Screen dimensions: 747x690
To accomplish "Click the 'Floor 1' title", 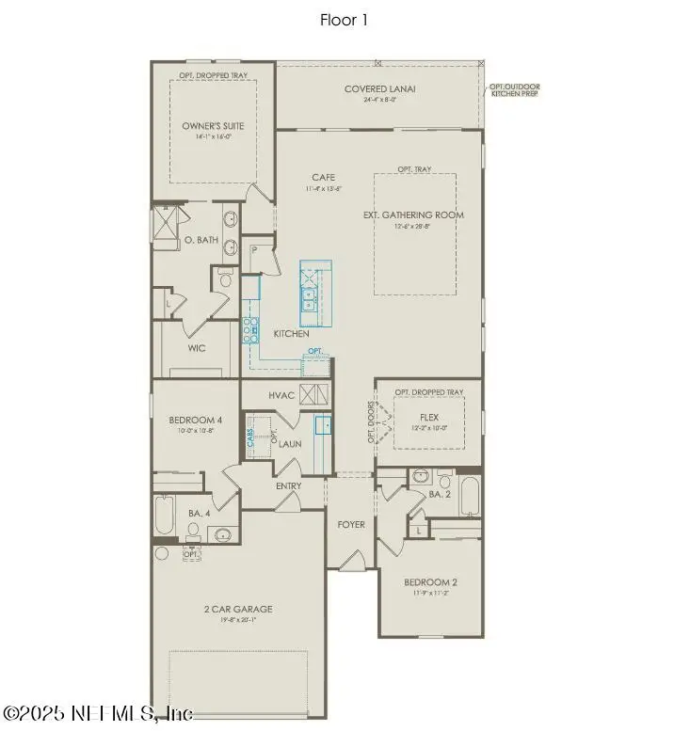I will click(x=345, y=20).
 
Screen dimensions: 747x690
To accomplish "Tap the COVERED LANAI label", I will click(x=379, y=90).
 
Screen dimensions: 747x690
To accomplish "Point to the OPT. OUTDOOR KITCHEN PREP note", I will click(x=514, y=91).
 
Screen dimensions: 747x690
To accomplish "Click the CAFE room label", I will click(x=324, y=177).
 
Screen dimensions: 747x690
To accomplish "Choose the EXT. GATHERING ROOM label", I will click(x=414, y=215).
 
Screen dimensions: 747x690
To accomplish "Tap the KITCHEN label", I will click(x=291, y=334).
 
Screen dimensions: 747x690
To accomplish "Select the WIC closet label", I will click(x=197, y=347).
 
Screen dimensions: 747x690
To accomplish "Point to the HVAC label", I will click(x=282, y=396).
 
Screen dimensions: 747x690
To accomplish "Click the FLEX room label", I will click(x=427, y=415).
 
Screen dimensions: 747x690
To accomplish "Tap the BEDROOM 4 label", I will click(x=196, y=420).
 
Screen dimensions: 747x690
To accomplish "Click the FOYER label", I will click(x=350, y=524).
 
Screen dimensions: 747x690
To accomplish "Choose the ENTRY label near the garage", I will click(x=288, y=485).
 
